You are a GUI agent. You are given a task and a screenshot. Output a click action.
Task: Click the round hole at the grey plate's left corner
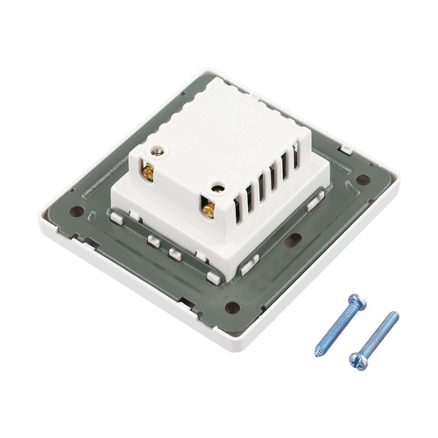[x=79, y=210]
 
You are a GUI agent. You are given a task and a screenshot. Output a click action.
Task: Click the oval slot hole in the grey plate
[x=293, y=238]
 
